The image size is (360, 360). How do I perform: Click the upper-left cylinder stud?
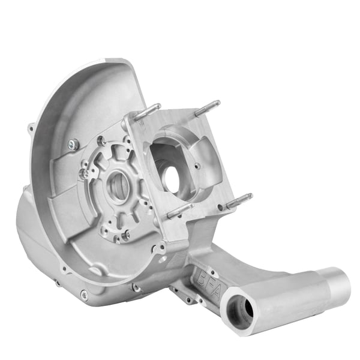point(147,112)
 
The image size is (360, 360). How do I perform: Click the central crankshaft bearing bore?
point(119,188)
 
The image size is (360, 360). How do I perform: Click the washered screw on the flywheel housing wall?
point(73,144)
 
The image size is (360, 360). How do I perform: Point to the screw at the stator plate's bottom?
point(125,235)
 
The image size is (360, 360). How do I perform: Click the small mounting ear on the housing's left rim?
point(31,127)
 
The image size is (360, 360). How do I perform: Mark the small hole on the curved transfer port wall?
point(197,166)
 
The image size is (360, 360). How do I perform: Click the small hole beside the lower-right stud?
point(221,208)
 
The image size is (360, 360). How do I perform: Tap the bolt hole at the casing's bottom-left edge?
point(83,294)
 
